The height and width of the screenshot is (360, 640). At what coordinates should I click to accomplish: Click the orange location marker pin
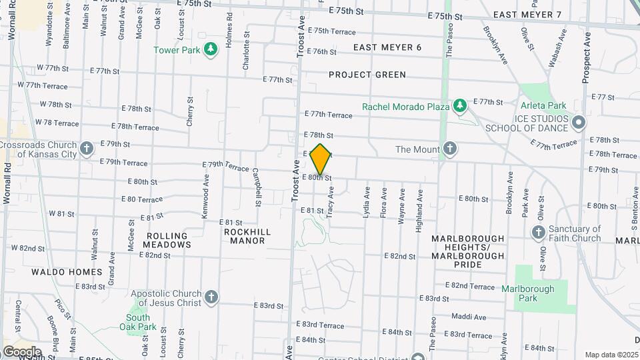tap(321, 159)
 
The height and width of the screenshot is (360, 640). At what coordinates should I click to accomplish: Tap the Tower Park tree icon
tap(211, 49)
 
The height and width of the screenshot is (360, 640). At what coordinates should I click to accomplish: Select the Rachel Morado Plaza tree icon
tap(459, 106)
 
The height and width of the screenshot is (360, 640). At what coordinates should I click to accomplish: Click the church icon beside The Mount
tap(450, 149)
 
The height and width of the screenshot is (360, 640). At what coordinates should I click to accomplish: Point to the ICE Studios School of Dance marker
tap(578, 123)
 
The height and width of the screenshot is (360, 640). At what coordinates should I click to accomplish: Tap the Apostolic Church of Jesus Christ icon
tap(211, 297)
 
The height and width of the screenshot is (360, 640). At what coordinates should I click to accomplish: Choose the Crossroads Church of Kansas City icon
tap(86, 149)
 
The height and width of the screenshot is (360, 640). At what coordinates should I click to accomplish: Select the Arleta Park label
tap(543, 105)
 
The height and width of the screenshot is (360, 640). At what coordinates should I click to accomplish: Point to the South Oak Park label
tap(137, 322)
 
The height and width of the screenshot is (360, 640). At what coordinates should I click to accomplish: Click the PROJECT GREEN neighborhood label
tap(367, 75)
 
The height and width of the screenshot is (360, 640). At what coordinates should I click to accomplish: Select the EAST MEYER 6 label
tap(387, 47)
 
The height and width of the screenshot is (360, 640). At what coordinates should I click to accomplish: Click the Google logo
tap(21, 351)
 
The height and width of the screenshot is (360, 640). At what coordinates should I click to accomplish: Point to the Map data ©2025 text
tap(611, 355)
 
